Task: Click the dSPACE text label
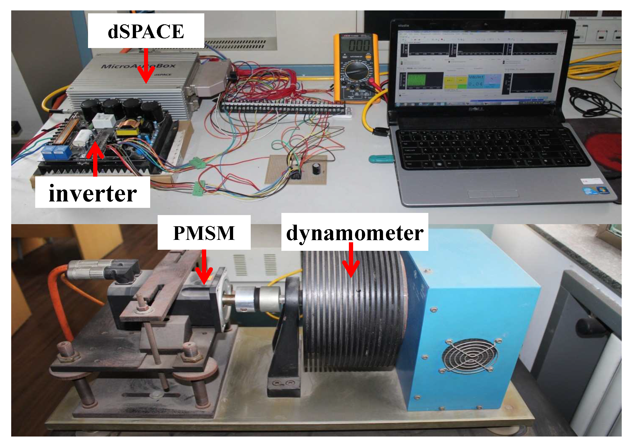pyautogui.click(x=146, y=31)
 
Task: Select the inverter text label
pyautogui.click(x=93, y=193)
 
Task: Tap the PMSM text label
pyautogui.click(x=204, y=233)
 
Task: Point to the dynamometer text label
pyautogui.click(x=354, y=233)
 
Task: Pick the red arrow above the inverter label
pyautogui.click(x=95, y=159)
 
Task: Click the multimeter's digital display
pyautogui.click(x=359, y=45)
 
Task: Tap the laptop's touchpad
pyautogui.click(x=493, y=193)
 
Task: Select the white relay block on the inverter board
pyautogui.click(x=103, y=120)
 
